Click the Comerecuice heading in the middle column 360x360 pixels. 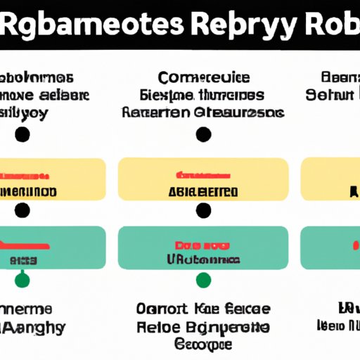point(204,78)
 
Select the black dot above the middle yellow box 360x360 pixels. point(204,134)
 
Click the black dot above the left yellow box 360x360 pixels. point(22,134)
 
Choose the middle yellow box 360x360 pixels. point(203,179)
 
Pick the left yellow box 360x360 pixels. point(53,179)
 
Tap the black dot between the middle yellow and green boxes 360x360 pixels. point(204,209)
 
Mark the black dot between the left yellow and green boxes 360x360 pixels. point(22,209)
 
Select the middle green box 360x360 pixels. point(203,247)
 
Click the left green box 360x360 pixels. point(53,247)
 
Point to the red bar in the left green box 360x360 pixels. point(25,245)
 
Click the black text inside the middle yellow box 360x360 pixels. point(203,191)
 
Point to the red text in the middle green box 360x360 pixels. point(203,245)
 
